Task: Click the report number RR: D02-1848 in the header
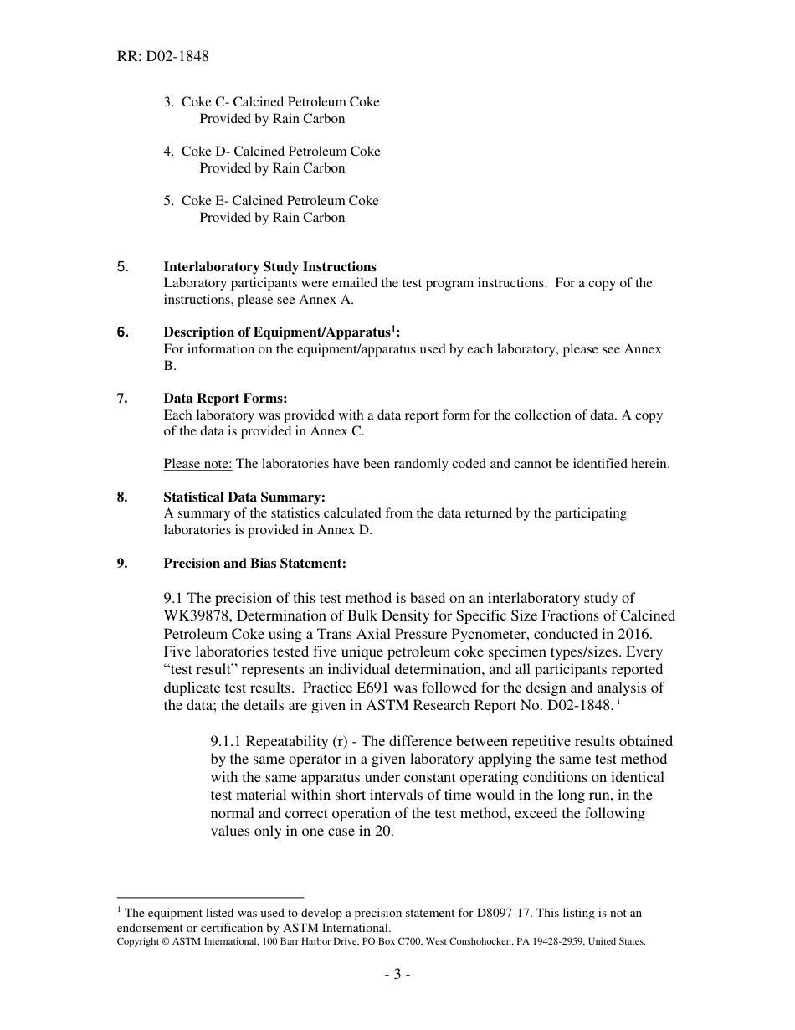(x=163, y=57)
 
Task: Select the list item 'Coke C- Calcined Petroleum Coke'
(x=280, y=102)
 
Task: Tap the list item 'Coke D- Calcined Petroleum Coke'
(x=280, y=152)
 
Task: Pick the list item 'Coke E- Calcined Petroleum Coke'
(x=280, y=201)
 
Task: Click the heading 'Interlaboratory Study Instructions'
(x=269, y=267)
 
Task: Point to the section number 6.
(x=122, y=332)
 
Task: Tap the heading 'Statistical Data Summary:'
(x=244, y=497)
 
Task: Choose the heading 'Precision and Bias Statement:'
(x=254, y=564)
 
